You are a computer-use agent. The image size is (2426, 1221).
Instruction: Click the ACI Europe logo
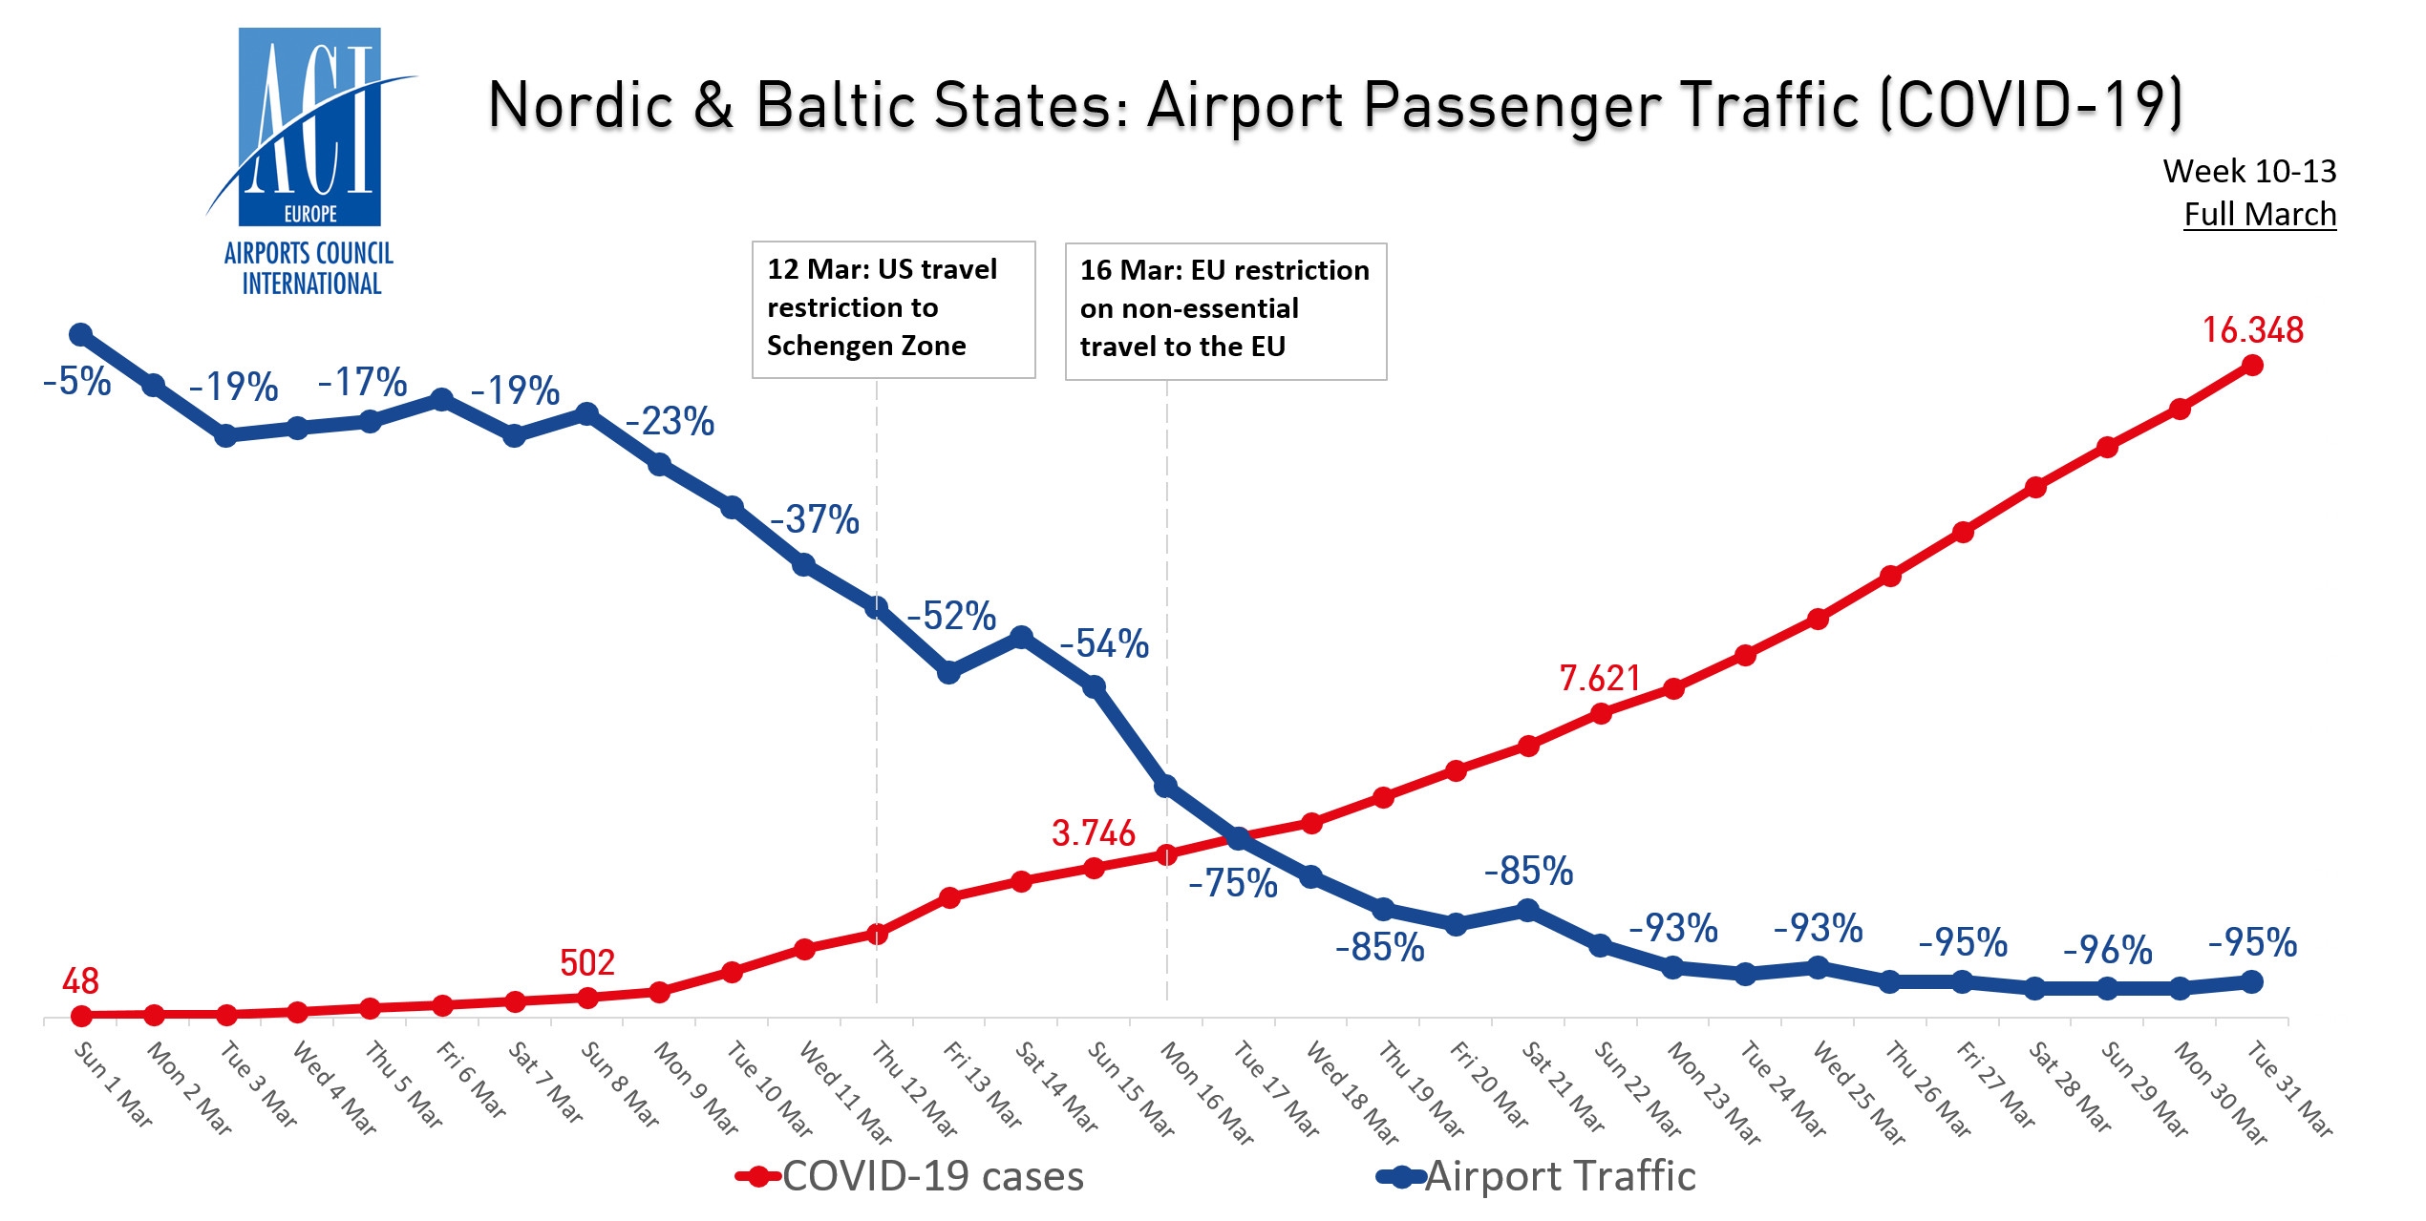[x=309, y=162]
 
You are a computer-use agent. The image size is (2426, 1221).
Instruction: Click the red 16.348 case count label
[x=2252, y=330]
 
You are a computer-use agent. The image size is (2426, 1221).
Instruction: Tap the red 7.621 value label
[x=1599, y=679]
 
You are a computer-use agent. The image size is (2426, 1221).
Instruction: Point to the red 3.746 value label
[x=1093, y=833]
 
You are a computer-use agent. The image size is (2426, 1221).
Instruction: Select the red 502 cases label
[x=586, y=962]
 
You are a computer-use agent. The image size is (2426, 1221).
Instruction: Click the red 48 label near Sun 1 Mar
[x=80, y=981]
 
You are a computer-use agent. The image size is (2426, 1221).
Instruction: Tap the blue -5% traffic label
[x=77, y=382]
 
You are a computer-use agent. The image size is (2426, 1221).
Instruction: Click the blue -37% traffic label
[x=815, y=520]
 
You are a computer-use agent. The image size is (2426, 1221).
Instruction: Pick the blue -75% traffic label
[x=1232, y=884]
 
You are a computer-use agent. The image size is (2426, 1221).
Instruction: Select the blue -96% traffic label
[x=2107, y=951]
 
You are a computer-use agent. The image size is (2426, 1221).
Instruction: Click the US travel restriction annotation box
[x=893, y=309]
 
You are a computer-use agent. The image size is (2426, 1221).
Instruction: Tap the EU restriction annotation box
[x=1225, y=310]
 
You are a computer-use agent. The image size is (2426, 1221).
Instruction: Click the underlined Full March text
[x=2259, y=215]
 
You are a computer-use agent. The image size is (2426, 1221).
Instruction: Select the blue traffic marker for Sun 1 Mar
[x=81, y=335]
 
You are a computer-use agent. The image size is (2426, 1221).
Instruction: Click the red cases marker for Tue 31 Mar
[x=2251, y=366]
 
